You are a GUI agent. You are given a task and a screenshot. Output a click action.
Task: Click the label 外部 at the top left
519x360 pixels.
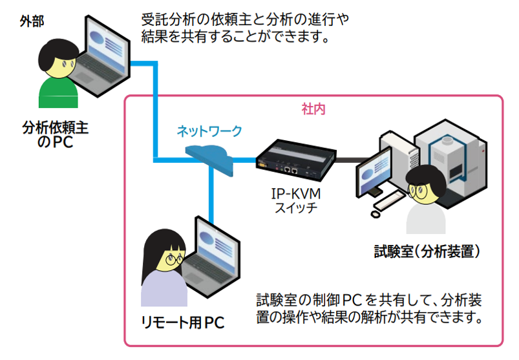[x=32, y=21]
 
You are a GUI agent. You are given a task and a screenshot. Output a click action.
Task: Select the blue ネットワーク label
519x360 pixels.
[x=210, y=131]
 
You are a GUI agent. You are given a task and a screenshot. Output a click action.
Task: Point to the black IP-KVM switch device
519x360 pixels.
[x=297, y=160]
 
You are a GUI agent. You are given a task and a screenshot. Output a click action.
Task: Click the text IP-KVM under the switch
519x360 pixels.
[x=296, y=194]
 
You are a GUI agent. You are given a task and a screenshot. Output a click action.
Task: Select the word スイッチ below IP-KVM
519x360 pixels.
[x=296, y=208]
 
